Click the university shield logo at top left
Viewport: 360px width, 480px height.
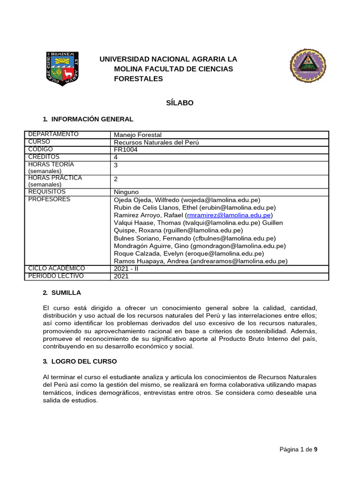pos(63,68)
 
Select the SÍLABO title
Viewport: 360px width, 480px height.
pos(180,103)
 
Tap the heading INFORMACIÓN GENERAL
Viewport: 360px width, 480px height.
pos(92,120)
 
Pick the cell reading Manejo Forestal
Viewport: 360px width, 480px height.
pos(138,135)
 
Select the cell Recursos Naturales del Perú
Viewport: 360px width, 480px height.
pos(157,142)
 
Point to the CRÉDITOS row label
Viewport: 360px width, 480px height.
pos(44,157)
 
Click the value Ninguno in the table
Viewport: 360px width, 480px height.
pos(126,192)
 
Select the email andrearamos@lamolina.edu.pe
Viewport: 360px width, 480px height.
pos(238,261)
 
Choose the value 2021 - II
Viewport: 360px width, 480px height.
pos(127,269)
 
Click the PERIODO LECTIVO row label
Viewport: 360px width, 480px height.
pos(56,276)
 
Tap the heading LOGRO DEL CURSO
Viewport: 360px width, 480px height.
pos(83,361)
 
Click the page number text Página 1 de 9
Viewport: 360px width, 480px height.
pos(298,450)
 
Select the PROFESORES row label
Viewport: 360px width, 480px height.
pos(49,200)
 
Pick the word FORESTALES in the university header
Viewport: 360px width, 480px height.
pos(139,79)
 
